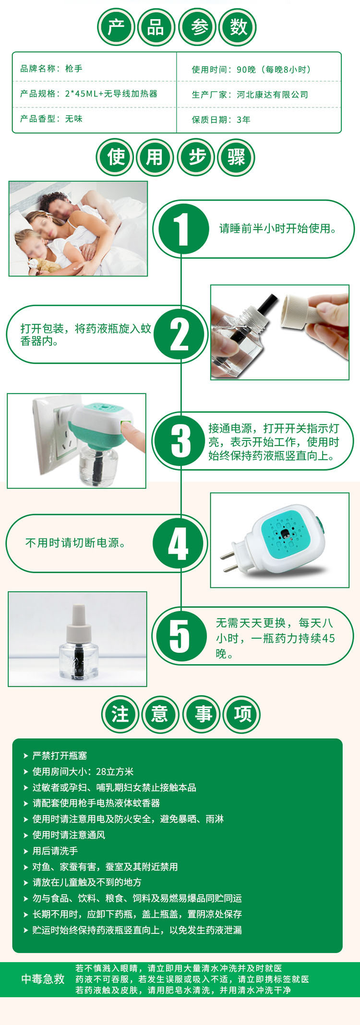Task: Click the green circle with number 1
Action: tap(181, 229)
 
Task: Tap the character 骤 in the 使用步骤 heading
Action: tap(236, 157)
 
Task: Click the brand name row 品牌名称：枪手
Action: tap(51, 69)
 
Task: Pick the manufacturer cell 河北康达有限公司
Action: tap(272, 95)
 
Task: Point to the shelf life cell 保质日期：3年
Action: tap(221, 119)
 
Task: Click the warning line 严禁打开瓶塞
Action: tap(60, 756)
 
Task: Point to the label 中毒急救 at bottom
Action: tap(43, 979)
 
